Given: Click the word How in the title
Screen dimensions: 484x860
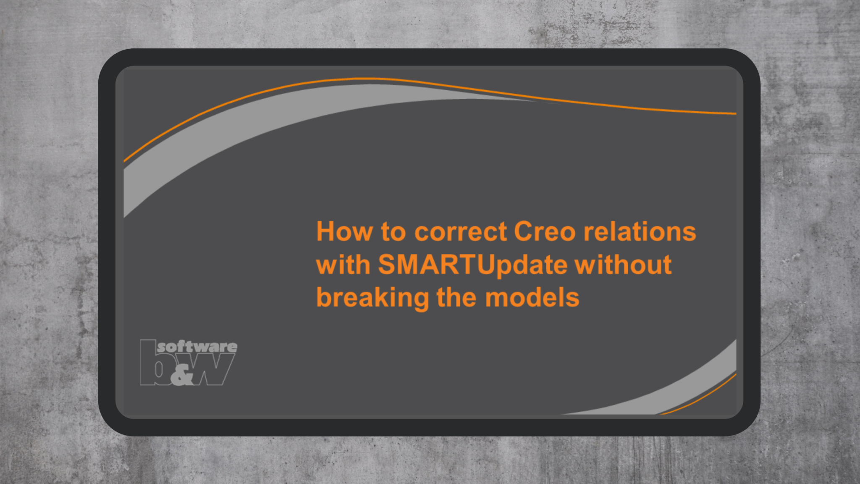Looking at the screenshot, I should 344,231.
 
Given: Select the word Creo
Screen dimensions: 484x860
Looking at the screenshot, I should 545,231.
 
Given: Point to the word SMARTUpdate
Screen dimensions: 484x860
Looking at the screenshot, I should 472,265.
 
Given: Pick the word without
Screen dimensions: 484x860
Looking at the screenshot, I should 623,265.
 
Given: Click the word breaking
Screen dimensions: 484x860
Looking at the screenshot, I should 372,298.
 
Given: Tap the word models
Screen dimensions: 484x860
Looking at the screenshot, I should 532,298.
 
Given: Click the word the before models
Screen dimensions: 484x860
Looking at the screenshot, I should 456,298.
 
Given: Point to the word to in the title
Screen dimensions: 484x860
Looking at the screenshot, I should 393,231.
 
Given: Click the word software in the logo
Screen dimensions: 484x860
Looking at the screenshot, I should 197,347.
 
